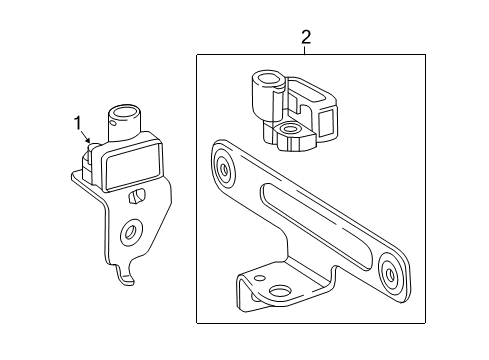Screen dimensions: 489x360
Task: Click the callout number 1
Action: (78, 123)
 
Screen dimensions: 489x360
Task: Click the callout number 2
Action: (306, 37)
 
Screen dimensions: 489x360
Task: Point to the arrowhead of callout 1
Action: (89, 141)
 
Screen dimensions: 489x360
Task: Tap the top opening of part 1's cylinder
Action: (122, 112)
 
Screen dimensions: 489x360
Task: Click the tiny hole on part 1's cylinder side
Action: (113, 124)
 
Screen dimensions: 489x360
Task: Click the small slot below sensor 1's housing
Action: (136, 196)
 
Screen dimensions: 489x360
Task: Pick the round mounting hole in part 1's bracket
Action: (131, 230)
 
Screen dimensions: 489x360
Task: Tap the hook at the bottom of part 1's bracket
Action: (126, 275)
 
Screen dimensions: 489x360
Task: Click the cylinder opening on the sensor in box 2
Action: (270, 79)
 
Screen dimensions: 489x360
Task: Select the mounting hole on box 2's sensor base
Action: (289, 129)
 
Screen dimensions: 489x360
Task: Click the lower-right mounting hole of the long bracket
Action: (390, 274)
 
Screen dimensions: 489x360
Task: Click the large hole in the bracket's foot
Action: (280, 292)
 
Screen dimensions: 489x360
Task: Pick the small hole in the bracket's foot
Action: (259, 277)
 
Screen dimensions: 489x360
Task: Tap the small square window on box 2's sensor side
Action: (325, 121)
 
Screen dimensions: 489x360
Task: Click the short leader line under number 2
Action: (305, 49)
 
